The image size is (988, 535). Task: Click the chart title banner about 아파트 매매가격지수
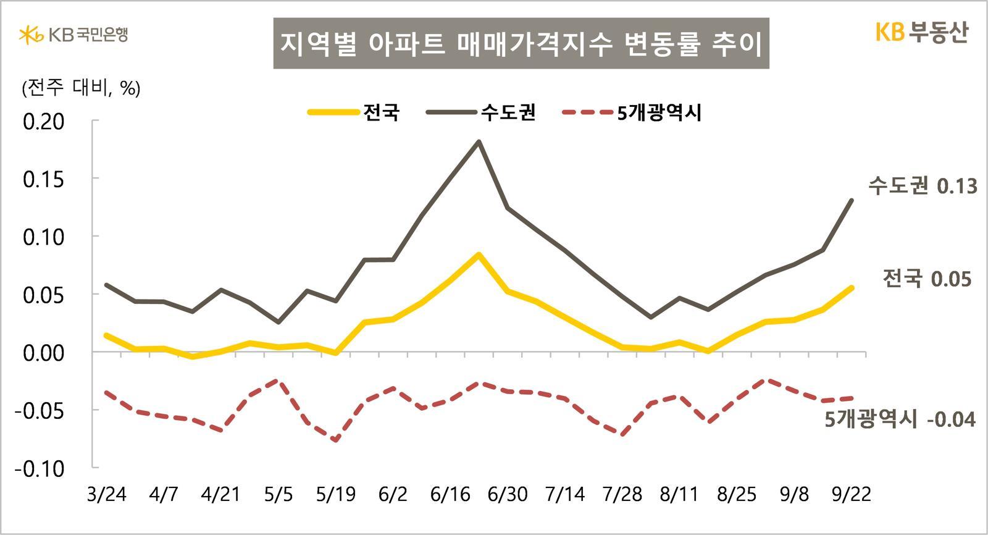coord(521,43)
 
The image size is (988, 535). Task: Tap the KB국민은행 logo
coord(73,35)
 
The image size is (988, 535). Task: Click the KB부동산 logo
coord(921,33)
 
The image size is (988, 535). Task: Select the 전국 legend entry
coord(354,112)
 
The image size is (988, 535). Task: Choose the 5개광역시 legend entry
coord(632,112)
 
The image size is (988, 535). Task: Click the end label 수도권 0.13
coord(923,186)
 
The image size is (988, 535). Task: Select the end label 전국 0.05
coord(927,279)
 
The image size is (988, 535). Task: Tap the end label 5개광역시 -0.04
coord(900,419)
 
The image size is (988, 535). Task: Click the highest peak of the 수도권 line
coord(479,142)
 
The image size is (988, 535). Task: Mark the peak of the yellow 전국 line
coord(479,255)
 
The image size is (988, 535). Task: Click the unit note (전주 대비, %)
coord(81,88)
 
